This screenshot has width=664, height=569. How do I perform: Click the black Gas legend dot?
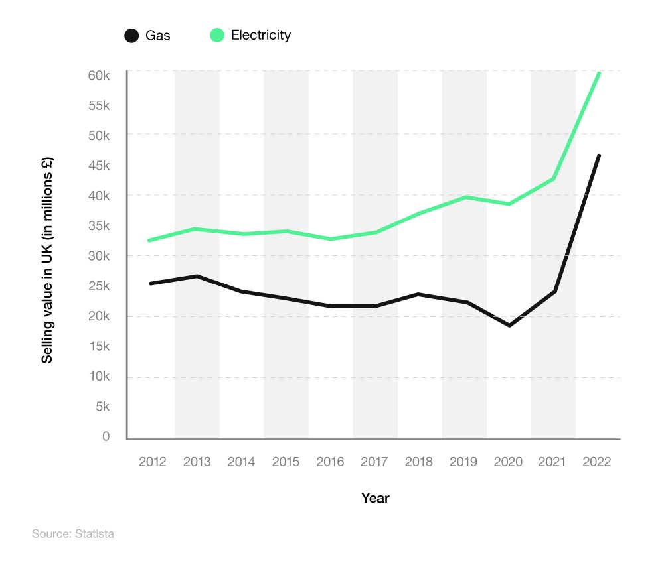tap(131, 36)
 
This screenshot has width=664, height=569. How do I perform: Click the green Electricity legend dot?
tap(217, 36)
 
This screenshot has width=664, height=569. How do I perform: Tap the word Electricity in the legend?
tap(261, 36)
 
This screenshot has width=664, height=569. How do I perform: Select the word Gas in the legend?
tap(158, 36)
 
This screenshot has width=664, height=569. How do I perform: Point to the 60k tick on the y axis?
tap(98, 75)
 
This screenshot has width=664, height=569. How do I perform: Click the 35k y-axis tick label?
tap(98, 226)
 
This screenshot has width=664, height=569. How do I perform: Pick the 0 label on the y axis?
tap(106, 436)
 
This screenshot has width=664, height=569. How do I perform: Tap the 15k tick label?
tap(98, 346)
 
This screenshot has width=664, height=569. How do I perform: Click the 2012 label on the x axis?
tap(153, 462)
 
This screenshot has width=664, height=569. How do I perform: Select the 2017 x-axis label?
tap(375, 462)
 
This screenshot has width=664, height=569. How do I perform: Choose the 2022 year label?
tap(597, 462)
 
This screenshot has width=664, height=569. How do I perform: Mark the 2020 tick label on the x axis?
tap(509, 462)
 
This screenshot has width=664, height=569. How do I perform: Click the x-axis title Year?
tap(375, 498)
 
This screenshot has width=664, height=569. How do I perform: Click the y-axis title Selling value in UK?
tap(47, 260)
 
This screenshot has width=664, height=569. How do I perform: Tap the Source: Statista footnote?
tap(73, 533)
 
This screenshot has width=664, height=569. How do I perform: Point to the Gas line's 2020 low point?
tap(509, 326)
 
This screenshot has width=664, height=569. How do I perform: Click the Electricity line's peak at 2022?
tap(599, 74)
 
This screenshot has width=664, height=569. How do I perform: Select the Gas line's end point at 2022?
tap(599, 156)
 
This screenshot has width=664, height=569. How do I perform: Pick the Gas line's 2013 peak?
tap(197, 276)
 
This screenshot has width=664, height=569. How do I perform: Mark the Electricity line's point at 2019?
tap(465, 197)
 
